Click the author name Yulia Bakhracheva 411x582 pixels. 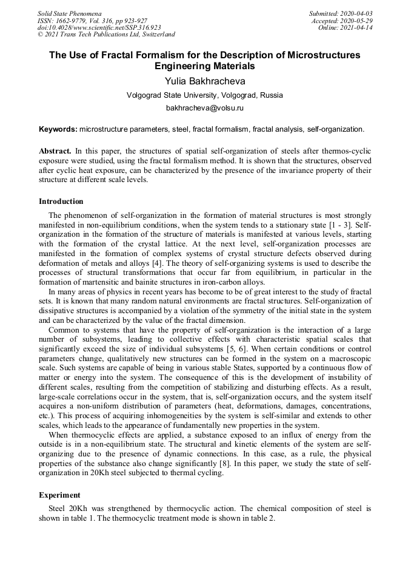coord(205,81)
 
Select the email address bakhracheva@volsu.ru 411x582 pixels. coord(205,108)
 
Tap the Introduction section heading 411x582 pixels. coord(61,201)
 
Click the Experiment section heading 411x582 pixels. coord(59,495)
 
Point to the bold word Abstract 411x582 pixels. coord(55,151)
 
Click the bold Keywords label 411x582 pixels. coord(58,129)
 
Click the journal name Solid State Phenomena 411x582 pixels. coord(69,13)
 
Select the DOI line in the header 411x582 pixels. coord(99,28)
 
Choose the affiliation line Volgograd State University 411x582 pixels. coord(205,95)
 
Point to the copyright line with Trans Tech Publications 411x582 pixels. coord(106,35)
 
